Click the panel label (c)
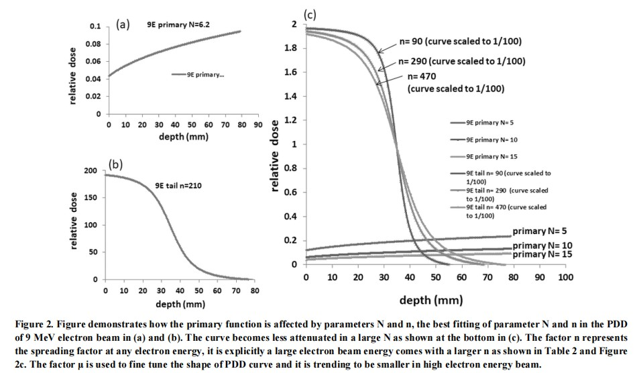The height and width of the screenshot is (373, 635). tap(311, 13)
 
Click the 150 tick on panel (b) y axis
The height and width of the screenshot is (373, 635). tap(90, 198)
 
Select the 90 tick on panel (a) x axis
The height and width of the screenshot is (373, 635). tap(257, 125)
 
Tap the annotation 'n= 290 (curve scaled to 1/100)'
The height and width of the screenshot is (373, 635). tap(461, 61)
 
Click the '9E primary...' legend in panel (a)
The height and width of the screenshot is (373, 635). tap(206, 74)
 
